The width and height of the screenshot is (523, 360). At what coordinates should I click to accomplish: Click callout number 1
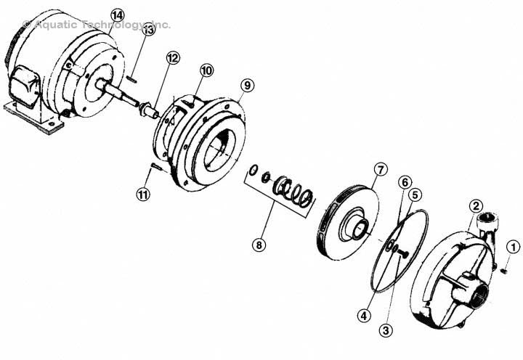(513, 247)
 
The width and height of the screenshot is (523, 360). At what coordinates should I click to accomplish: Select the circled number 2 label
(475, 206)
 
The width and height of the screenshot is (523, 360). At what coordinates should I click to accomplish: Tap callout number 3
(386, 331)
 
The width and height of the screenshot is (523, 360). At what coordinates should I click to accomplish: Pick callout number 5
(415, 194)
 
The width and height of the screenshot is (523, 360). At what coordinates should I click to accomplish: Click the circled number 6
(405, 181)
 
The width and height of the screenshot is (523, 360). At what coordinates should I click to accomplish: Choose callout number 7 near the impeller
(381, 170)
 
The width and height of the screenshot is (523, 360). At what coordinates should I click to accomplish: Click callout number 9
(248, 85)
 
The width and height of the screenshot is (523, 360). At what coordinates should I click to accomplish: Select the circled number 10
(206, 70)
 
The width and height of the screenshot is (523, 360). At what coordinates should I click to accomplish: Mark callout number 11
(143, 194)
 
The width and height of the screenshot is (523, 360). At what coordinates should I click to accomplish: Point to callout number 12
(172, 57)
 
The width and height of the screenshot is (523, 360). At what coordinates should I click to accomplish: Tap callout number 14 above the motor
(118, 15)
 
